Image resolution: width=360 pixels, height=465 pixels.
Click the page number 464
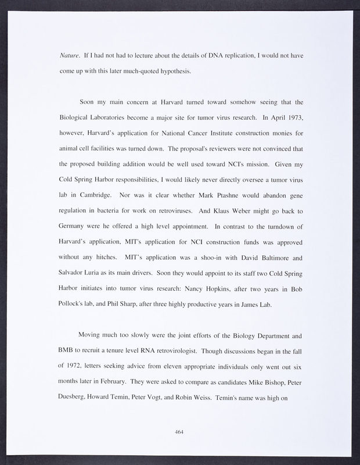point(180,432)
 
